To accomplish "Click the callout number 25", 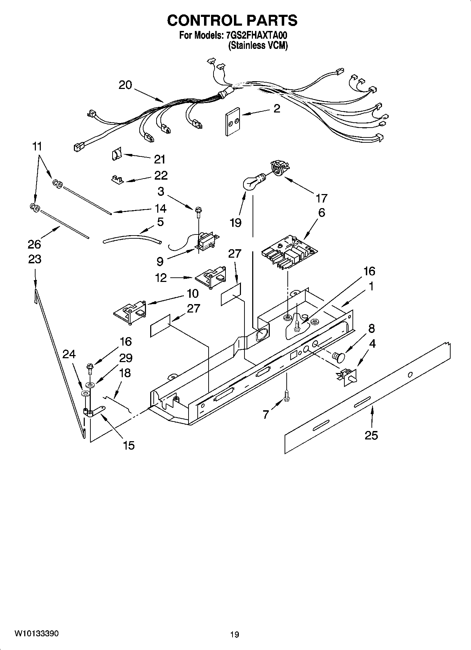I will click(x=371, y=436).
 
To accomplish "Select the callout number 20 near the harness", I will click(x=125, y=85).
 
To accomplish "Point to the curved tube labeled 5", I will click(x=132, y=238).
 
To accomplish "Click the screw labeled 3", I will click(x=198, y=211).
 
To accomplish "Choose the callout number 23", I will click(x=35, y=259).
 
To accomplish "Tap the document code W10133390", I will click(x=37, y=633).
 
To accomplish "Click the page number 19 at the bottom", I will click(x=235, y=635).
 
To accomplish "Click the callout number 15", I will click(x=129, y=445).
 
